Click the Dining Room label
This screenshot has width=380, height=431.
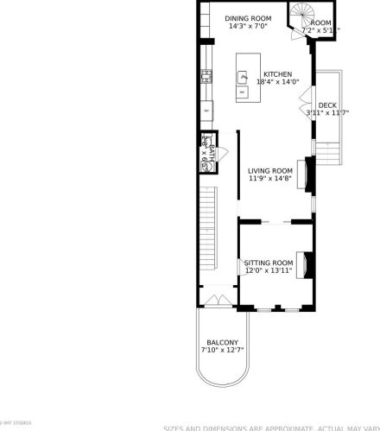(248, 18)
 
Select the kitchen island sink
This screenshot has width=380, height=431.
(244, 77)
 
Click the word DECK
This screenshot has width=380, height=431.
(327, 105)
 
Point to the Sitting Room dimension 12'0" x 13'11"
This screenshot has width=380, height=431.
(269, 270)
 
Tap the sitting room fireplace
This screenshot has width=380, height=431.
(303, 263)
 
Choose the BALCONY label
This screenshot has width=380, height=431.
(222, 342)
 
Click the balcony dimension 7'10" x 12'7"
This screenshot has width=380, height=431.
(223, 350)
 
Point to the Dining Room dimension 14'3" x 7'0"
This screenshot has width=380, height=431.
(248, 27)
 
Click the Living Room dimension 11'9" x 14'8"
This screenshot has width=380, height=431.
(270, 180)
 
